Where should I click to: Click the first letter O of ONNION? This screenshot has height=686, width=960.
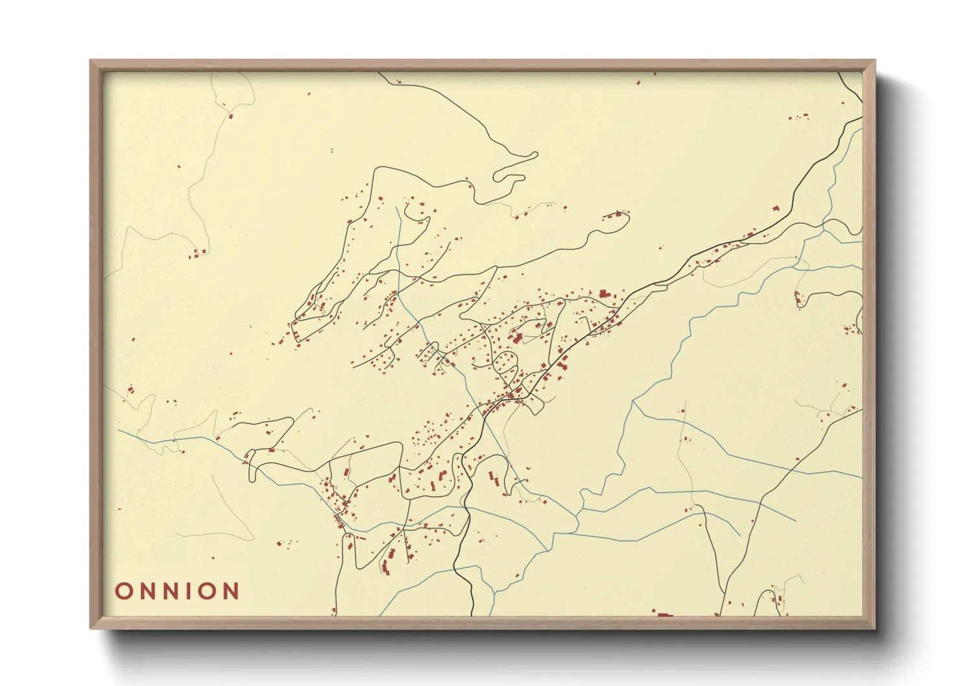123,591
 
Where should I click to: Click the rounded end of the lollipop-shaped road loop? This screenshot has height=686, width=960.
624,219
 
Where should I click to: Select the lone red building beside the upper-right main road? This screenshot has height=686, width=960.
775,209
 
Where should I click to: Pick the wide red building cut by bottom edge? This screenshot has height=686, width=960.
664,613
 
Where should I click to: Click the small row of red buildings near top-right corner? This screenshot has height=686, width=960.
799,117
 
